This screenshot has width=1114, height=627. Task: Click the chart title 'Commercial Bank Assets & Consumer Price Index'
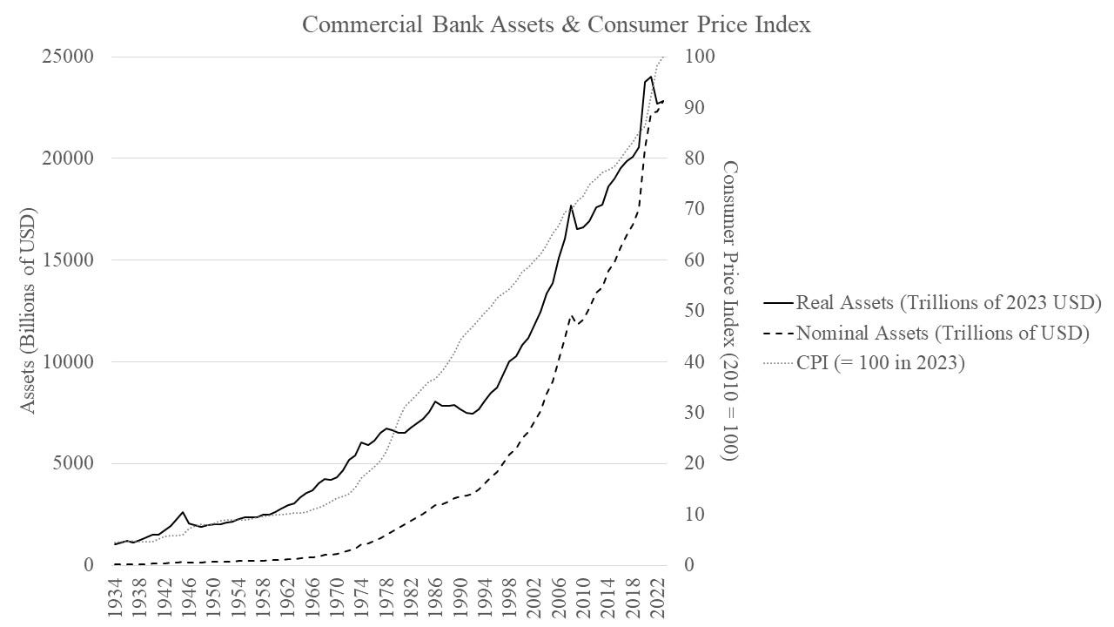pyautogui.click(x=556, y=24)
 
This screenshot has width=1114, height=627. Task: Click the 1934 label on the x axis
pyautogui.click(x=116, y=600)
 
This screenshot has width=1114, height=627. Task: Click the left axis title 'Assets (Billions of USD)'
pyautogui.click(x=29, y=311)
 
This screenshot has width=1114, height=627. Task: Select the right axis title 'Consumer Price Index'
pyautogui.click(x=731, y=311)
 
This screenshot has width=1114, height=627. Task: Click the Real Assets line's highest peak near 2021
pyautogui.click(x=650, y=77)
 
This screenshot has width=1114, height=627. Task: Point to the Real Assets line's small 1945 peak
pyautogui.click(x=182, y=512)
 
